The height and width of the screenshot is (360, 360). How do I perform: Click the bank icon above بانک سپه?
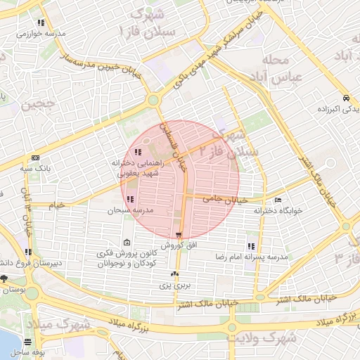tap(35, 158)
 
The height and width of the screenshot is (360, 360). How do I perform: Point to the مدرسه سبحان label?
tap(126, 210)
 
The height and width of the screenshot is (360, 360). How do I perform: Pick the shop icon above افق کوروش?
tap(179, 235)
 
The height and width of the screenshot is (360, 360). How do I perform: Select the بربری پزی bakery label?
tap(174, 285)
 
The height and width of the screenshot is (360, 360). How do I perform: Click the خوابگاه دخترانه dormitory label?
tap(287, 211)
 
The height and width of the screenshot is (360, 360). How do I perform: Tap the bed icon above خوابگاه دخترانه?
tap(278, 200)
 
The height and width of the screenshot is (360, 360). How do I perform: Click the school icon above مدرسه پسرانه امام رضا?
tap(251, 246)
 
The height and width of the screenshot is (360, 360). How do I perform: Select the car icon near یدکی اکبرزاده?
tap(346, 98)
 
